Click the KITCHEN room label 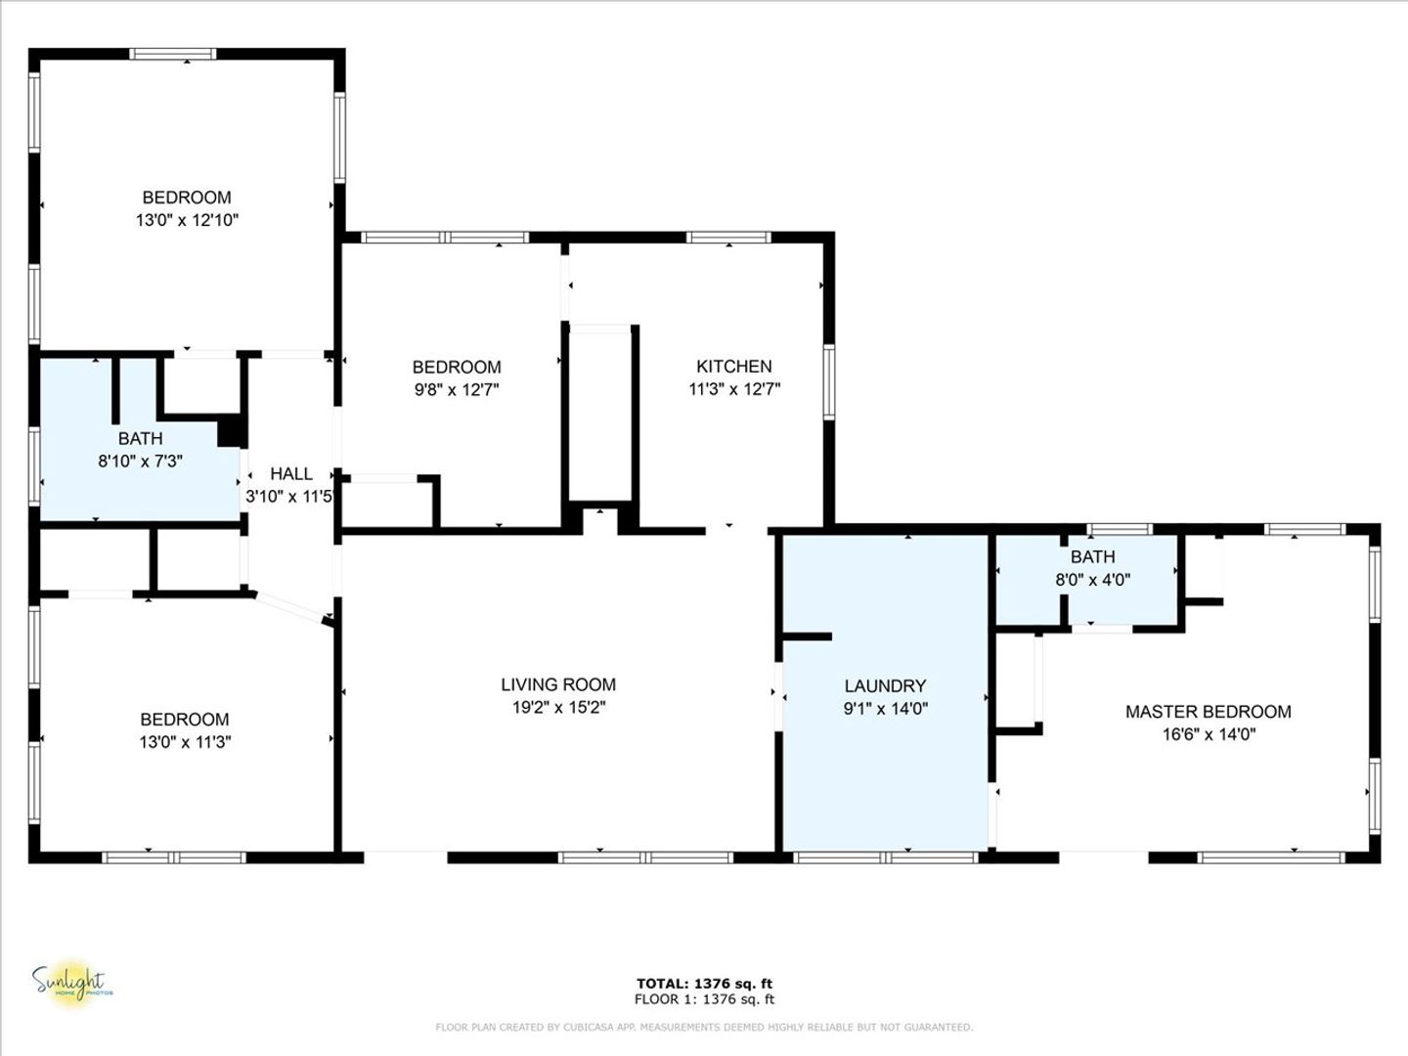point(734,366)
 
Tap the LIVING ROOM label point(558,684)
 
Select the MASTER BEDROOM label point(1209,712)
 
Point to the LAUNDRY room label point(885,686)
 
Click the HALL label point(291,474)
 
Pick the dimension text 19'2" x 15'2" point(558,707)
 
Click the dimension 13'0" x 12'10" point(187,220)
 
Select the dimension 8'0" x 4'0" point(1093,580)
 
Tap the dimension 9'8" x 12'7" point(457,389)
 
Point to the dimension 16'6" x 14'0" point(1210,734)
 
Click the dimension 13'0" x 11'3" point(186,742)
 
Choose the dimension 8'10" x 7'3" point(141,461)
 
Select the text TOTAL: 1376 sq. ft point(704,984)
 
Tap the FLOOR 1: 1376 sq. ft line point(704,999)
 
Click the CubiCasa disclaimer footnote point(704,1027)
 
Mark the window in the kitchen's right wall point(829,382)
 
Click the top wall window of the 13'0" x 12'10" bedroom point(172,54)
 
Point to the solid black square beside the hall point(232,431)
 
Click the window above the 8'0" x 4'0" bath point(1120,529)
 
